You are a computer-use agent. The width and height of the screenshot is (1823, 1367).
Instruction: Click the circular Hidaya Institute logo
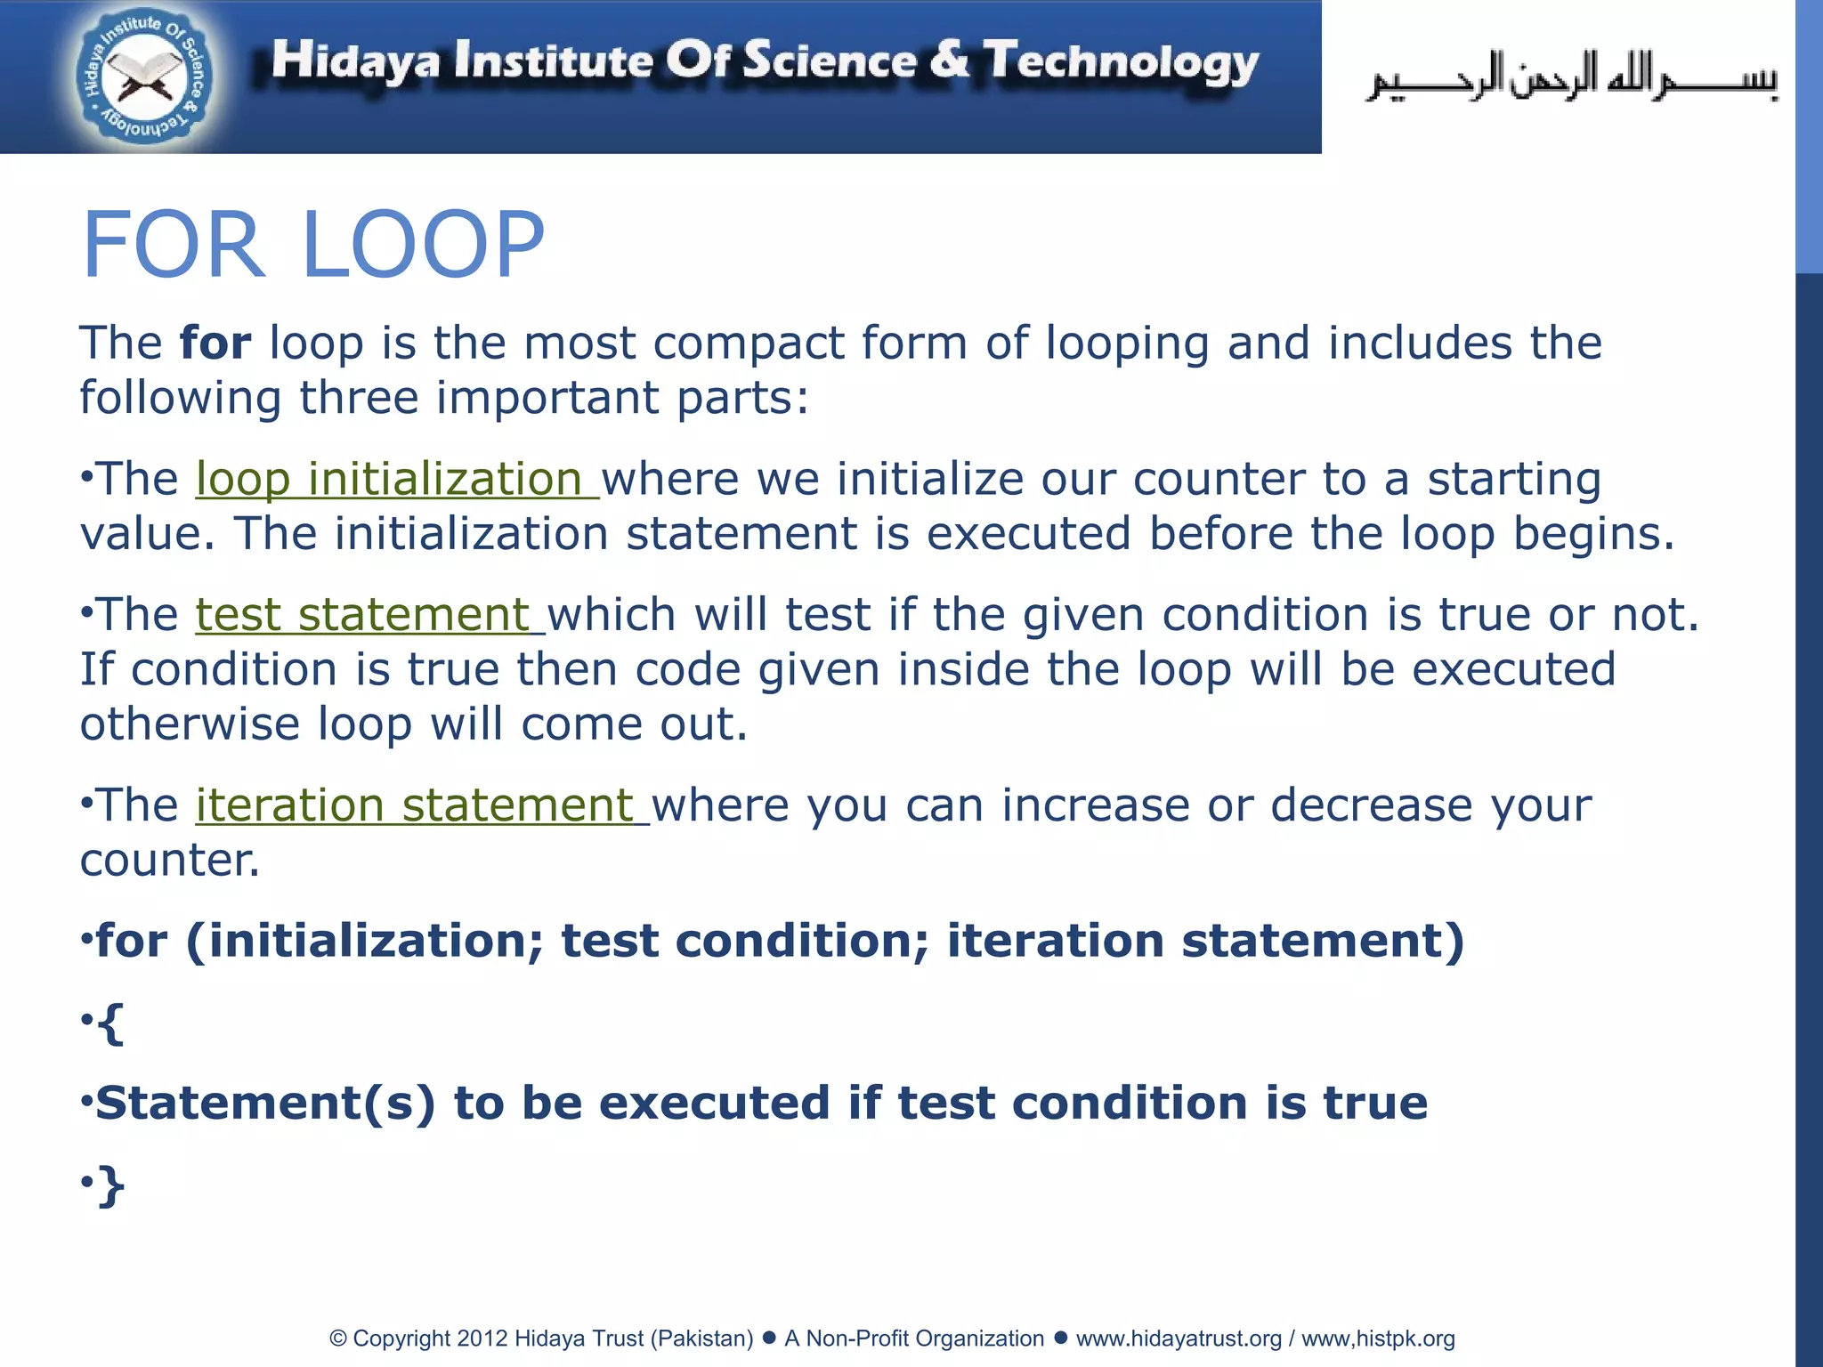143,78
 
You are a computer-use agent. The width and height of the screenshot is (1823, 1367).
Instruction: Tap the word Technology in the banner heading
1121,62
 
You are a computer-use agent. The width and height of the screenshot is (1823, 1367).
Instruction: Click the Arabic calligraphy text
1572,78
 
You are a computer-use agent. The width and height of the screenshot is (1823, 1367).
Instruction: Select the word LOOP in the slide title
423,245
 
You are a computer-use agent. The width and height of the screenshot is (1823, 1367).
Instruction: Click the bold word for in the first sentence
215,343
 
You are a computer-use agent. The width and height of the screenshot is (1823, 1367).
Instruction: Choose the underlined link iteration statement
421,805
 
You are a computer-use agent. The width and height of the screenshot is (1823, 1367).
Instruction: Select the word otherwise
190,724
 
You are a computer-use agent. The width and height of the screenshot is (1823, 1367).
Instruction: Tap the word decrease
1371,805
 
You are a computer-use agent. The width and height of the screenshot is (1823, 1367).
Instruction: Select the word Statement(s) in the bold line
265,1104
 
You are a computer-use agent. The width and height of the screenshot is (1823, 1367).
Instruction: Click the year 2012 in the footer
482,1339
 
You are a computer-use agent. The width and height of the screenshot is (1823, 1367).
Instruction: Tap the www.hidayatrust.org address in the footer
1179,1339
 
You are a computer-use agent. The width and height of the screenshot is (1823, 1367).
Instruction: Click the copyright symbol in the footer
337,1339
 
